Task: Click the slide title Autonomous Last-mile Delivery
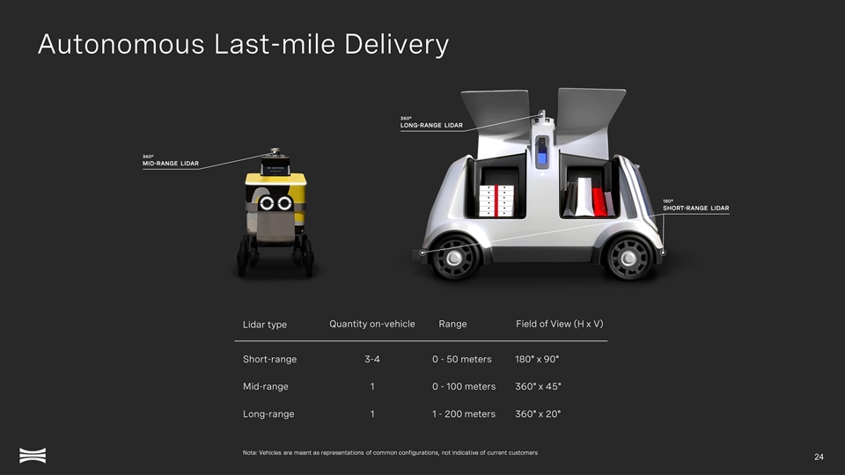[243, 44]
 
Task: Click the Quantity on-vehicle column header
[371, 324]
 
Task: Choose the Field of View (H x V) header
[560, 324]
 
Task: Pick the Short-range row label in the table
[269, 359]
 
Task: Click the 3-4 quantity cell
[371, 359]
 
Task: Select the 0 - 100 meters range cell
[464, 387]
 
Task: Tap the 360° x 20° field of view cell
[538, 414]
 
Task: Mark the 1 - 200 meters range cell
[464, 414]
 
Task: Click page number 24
[819, 457]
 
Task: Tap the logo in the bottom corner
[33, 455]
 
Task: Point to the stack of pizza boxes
[496, 201]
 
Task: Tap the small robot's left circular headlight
[266, 203]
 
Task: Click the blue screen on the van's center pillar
[541, 157]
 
